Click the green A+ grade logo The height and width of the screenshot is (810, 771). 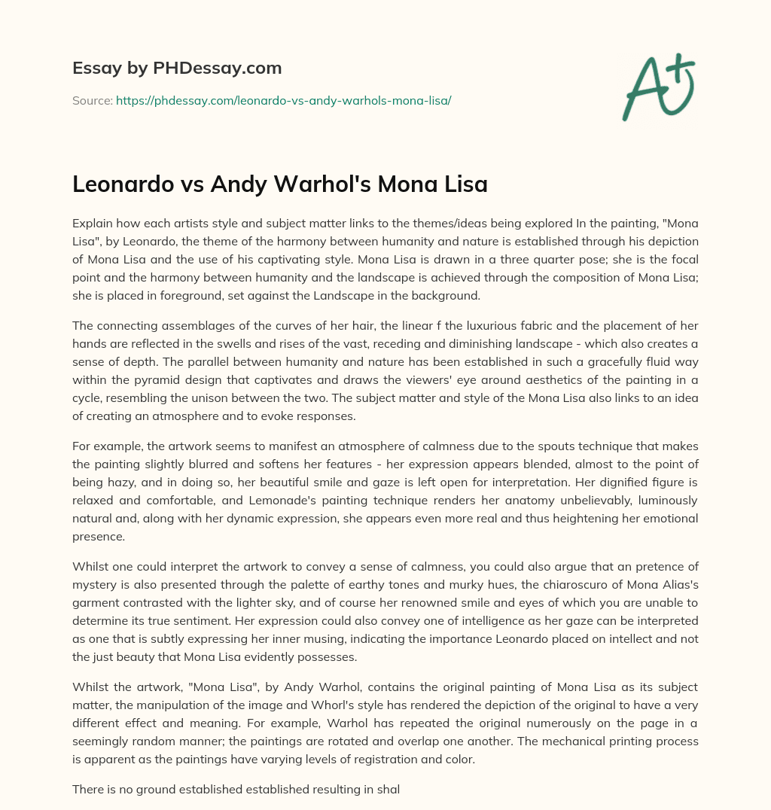pyautogui.click(x=657, y=86)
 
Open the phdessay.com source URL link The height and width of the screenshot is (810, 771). pyautogui.click(x=283, y=100)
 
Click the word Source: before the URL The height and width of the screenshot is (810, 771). pyautogui.click(x=92, y=100)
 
